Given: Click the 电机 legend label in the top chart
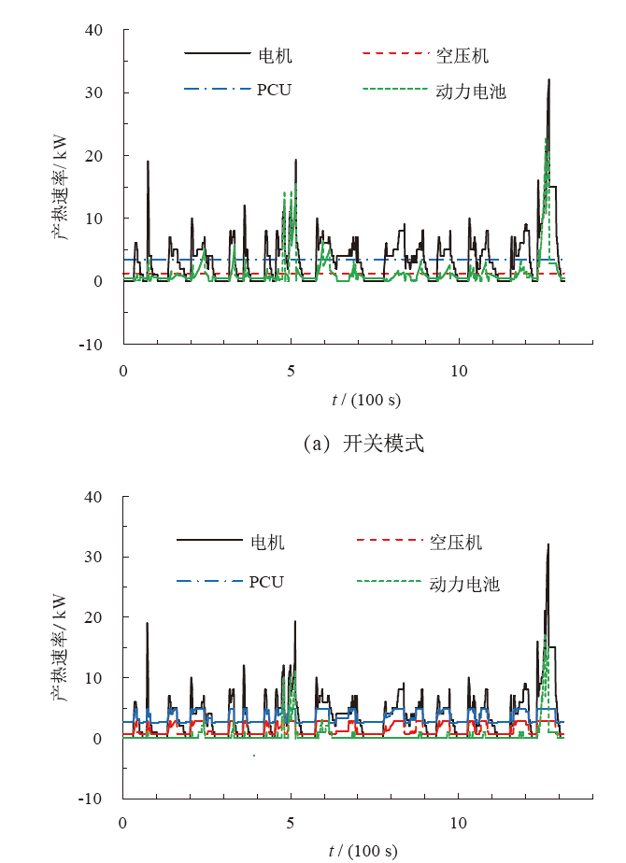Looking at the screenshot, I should click(x=276, y=56).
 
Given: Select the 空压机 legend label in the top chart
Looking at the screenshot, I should click(x=462, y=56).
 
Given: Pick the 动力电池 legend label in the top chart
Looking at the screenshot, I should click(x=471, y=92).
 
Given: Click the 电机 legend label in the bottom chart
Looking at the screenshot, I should click(x=268, y=543).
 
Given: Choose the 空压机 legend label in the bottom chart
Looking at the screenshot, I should click(x=456, y=543).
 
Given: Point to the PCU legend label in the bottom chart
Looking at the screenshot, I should click(x=266, y=582).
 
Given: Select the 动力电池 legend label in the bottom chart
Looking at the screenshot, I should click(x=464, y=584).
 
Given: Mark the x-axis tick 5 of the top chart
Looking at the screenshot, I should click(x=291, y=369).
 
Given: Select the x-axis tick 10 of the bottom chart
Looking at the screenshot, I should click(x=459, y=824).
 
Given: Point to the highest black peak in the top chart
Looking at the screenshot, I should click(x=548, y=80).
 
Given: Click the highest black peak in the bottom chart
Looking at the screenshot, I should click(x=548, y=545).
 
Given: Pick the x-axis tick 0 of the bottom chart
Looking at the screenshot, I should click(x=123, y=824).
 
